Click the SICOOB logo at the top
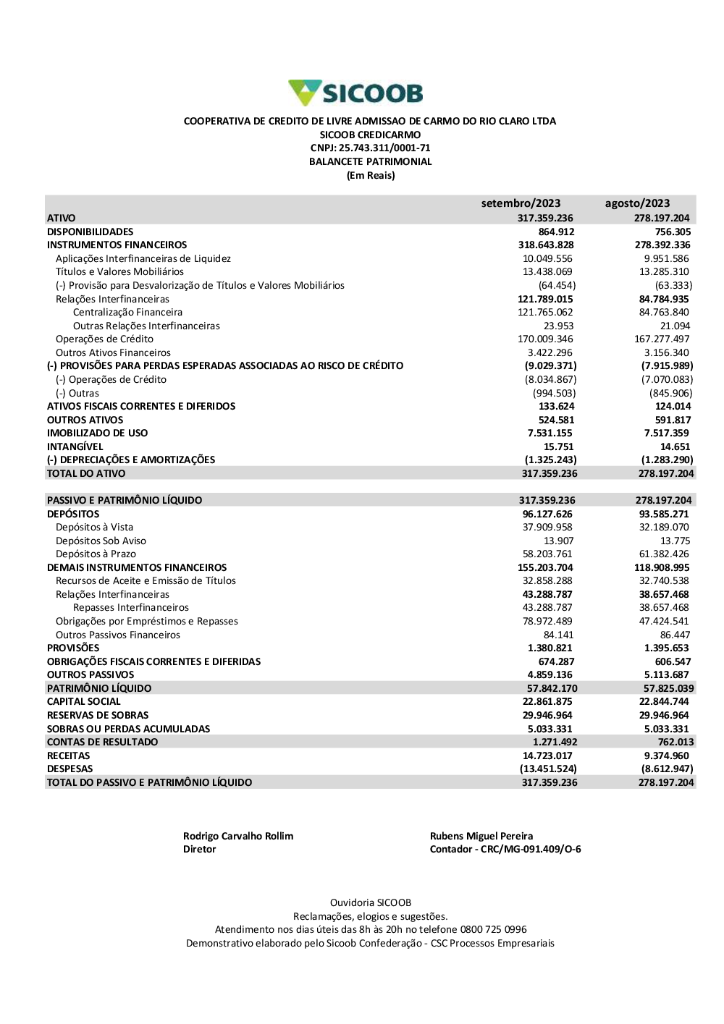click(355, 93)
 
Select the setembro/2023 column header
click(521, 203)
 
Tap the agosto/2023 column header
click(637, 203)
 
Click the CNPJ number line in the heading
click(370, 148)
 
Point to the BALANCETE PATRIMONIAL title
click(370, 162)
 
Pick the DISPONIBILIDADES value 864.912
click(556, 232)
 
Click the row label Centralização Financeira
click(127, 313)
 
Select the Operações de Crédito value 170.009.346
click(547, 339)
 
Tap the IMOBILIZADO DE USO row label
click(97, 433)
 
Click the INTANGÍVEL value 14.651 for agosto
click(675, 447)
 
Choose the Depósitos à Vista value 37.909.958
click(547, 528)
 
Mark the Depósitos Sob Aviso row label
click(101, 541)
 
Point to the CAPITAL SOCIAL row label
click(83, 702)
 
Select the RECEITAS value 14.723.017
click(547, 756)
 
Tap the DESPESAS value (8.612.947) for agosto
click(667, 769)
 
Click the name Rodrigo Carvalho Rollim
click(238, 837)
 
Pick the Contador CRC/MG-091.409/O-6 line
click(505, 850)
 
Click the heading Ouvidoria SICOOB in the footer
click(370, 903)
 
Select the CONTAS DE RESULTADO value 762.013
click(675, 742)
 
